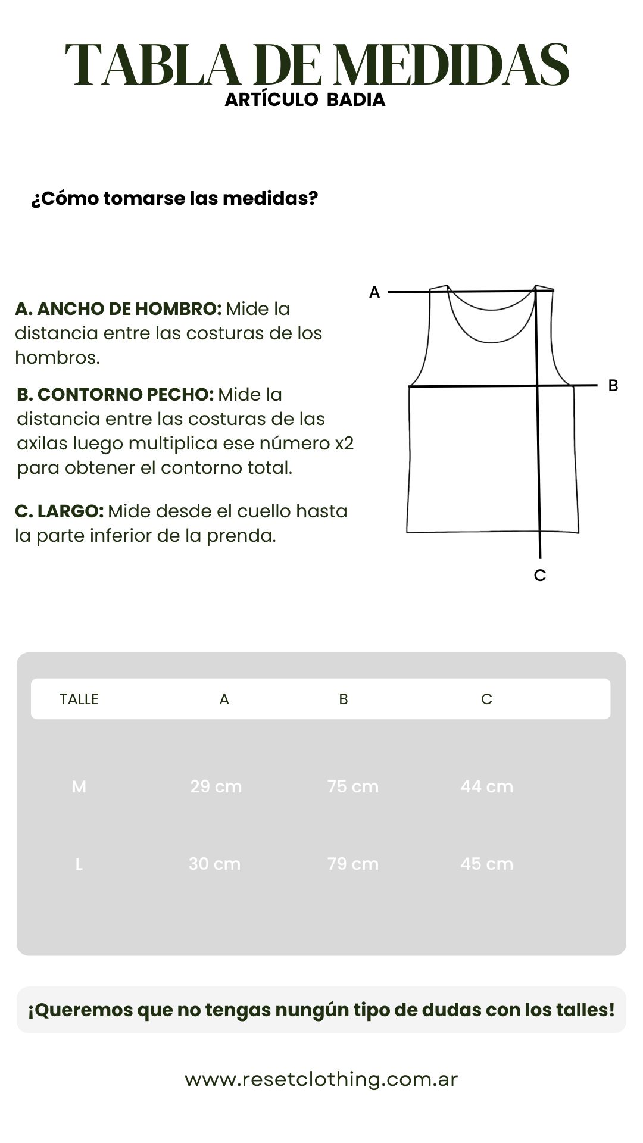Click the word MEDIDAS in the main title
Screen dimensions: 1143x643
click(451, 65)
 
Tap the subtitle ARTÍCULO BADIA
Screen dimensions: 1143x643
click(305, 100)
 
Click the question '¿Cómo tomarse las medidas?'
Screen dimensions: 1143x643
click(174, 198)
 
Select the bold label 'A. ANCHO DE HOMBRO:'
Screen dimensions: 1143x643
click(118, 309)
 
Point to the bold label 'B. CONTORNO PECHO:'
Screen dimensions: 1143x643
click(115, 395)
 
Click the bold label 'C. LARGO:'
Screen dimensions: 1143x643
click(59, 511)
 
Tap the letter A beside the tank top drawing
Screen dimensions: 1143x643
click(374, 292)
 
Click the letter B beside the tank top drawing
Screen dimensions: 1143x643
click(613, 386)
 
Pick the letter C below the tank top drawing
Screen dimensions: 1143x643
click(540, 576)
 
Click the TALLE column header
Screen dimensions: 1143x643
click(79, 699)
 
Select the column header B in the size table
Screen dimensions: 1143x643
click(344, 699)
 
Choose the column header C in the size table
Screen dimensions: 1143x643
click(486, 699)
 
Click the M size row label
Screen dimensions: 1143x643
click(79, 787)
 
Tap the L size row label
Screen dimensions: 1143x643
click(79, 864)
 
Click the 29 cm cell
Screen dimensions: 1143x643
click(216, 787)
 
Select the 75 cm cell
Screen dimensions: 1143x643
click(353, 787)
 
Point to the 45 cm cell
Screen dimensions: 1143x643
click(486, 864)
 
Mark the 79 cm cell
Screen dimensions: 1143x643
click(353, 864)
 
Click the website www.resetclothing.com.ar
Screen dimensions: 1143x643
click(321, 1079)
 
